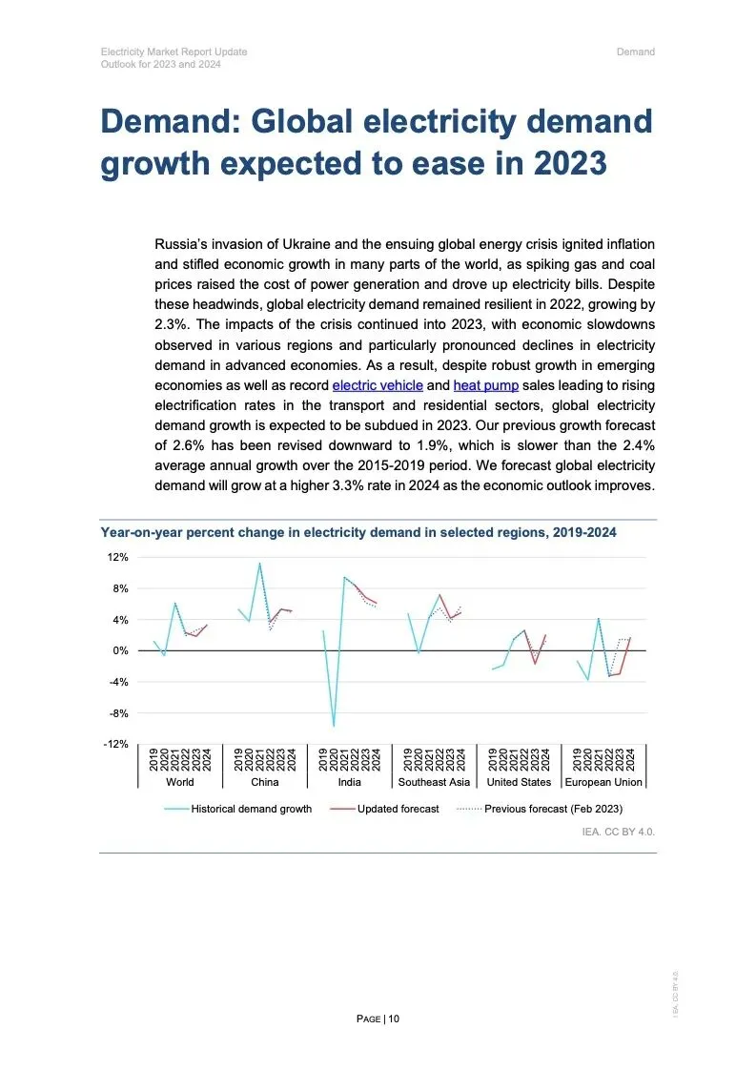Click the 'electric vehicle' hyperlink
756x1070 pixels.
[377, 385]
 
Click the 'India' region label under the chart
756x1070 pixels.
[349, 782]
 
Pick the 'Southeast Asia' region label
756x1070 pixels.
[434, 782]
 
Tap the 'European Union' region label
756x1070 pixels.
[603, 782]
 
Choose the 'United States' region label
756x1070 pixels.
[519, 782]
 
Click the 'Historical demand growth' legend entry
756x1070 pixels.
[251, 809]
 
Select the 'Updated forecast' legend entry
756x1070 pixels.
[398, 809]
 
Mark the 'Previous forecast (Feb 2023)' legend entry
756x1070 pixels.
[553, 809]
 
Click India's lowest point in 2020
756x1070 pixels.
[334, 726]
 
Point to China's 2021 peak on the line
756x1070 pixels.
[259, 563]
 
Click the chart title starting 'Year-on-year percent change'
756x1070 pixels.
[358, 532]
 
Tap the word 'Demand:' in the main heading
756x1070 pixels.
[168, 122]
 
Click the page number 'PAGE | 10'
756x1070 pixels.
[378, 1019]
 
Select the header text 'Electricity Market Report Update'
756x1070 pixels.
[174, 51]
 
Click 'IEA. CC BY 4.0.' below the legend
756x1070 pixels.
[618, 832]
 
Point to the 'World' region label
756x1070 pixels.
[179, 782]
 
